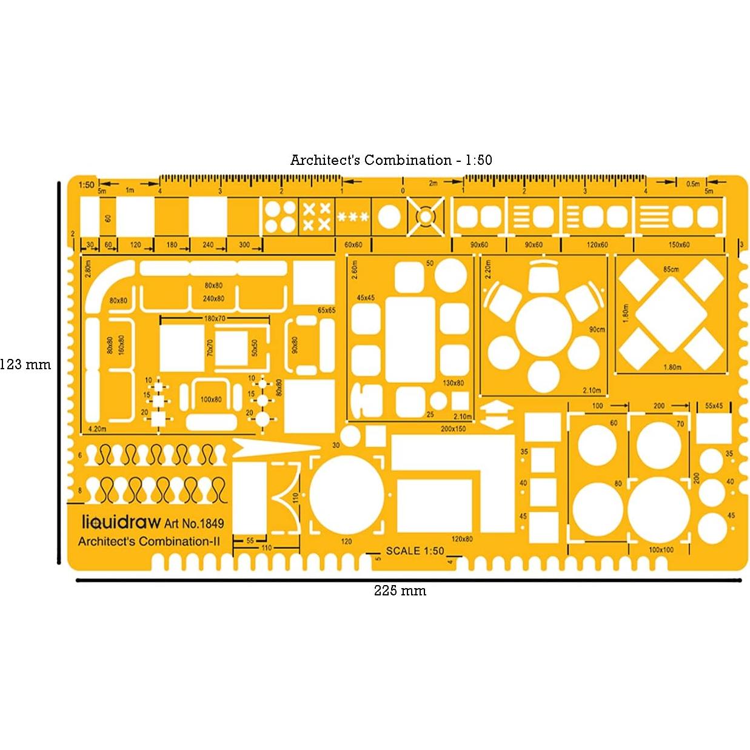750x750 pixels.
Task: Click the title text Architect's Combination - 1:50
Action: (391, 160)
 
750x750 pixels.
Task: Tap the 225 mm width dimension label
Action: (400, 591)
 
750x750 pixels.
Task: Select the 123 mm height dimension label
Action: (25, 364)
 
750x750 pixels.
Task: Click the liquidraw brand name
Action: (121, 523)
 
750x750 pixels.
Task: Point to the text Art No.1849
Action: (193, 523)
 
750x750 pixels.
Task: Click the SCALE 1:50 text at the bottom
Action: (415, 551)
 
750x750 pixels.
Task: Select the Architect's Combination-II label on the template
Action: (149, 541)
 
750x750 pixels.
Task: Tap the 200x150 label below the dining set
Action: (453, 429)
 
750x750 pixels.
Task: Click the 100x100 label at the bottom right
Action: (661, 550)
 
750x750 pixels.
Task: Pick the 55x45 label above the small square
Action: (714, 406)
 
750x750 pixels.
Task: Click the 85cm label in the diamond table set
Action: (671, 269)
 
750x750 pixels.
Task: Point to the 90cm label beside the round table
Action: (597, 329)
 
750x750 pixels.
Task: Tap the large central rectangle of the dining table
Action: (410, 339)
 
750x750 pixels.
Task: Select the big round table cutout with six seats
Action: (543, 324)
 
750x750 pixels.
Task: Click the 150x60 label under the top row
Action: (678, 245)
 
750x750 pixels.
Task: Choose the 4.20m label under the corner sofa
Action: (97, 429)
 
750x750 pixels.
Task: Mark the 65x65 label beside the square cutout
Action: (326, 310)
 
